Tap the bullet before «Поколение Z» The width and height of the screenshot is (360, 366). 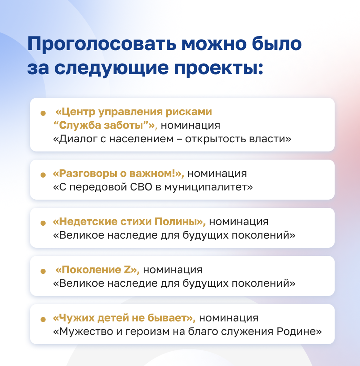(x=43, y=271)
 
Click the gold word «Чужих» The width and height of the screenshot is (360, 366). (x=73, y=318)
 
